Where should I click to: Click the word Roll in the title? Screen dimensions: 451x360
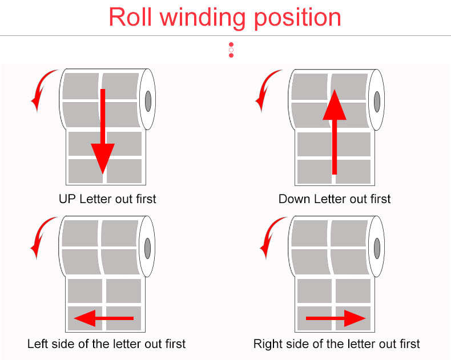click(130, 17)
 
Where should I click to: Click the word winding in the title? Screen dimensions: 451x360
click(203, 18)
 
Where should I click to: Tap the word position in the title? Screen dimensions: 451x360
click(297, 18)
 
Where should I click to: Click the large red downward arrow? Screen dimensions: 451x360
click(103, 131)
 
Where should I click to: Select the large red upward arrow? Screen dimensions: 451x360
click(334, 132)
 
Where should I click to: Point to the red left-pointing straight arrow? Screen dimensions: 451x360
click(104, 318)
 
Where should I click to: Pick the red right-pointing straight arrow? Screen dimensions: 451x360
click(336, 318)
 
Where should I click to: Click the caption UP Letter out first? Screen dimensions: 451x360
click(107, 199)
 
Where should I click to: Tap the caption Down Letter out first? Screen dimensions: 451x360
click(335, 199)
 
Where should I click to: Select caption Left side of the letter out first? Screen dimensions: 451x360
click(106, 344)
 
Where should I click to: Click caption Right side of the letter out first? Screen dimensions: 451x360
click(336, 344)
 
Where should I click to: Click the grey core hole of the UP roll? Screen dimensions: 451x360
click(148, 101)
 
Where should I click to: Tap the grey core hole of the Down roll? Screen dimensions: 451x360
click(377, 102)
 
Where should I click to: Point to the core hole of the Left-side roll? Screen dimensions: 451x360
click(147, 248)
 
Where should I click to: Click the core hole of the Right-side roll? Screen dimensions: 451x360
click(377, 248)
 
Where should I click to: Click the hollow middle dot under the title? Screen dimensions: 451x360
click(231, 50)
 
